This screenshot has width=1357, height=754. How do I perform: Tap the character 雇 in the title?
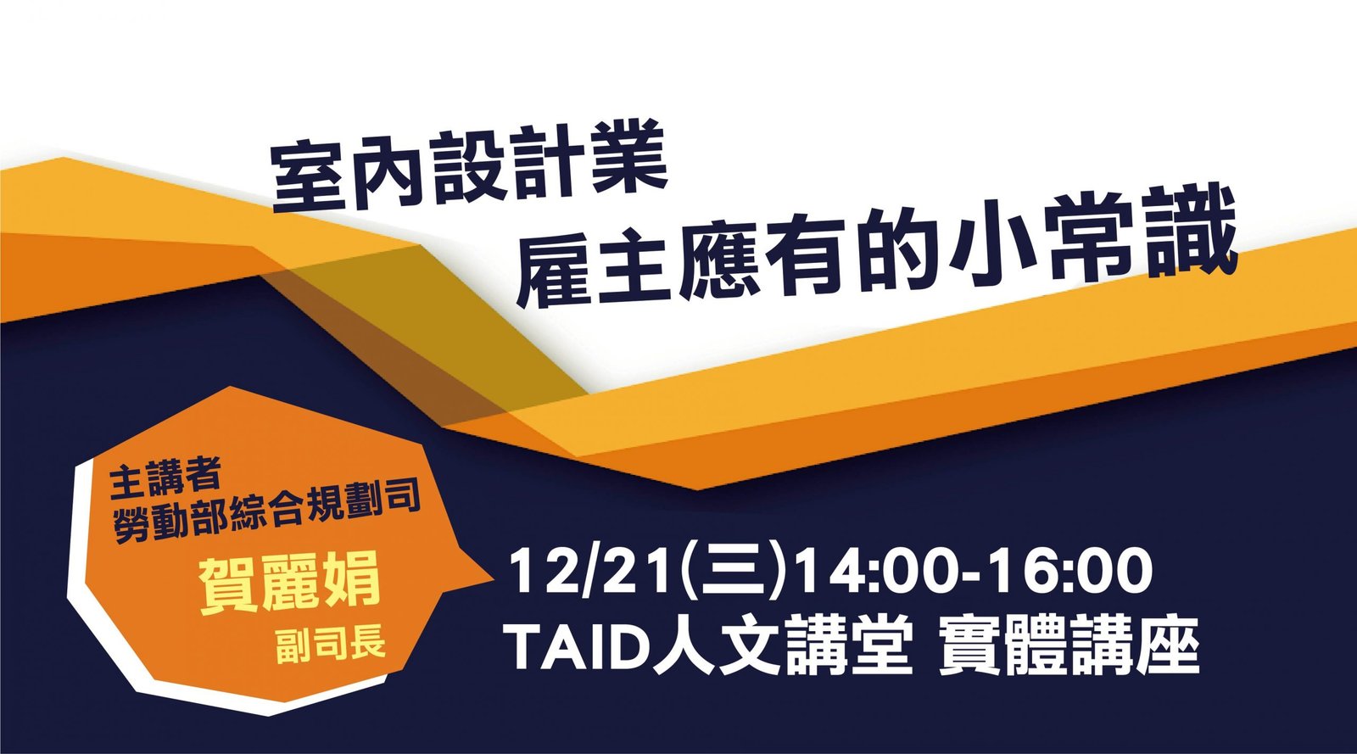tap(553, 265)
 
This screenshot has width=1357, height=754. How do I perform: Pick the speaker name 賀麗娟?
tap(290, 584)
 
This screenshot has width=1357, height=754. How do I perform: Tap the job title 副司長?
tap(330, 643)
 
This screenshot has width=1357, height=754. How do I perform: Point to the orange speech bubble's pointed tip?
tap(494, 579)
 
